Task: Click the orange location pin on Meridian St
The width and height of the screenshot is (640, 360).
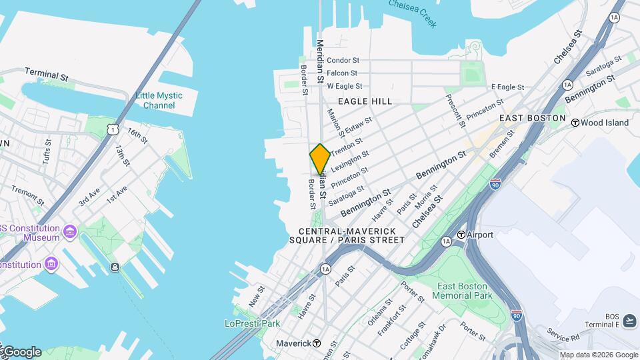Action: [x=320, y=159]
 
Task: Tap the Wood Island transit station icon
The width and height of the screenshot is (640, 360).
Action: [x=574, y=122]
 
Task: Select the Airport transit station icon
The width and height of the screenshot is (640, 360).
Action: [x=461, y=235]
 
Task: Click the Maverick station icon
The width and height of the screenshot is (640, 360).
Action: [x=317, y=343]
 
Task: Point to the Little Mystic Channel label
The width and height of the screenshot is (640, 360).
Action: [x=159, y=101]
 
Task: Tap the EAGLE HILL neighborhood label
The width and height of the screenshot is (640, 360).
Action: [x=365, y=101]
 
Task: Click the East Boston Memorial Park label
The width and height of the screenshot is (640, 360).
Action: [x=465, y=291]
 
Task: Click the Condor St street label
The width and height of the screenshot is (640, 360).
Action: [x=343, y=60]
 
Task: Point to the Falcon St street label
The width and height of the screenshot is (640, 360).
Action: [x=342, y=73]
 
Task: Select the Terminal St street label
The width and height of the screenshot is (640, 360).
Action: [x=47, y=74]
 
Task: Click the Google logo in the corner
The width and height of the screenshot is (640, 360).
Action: [x=21, y=351]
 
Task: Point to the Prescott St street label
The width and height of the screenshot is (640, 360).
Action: [x=456, y=110]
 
